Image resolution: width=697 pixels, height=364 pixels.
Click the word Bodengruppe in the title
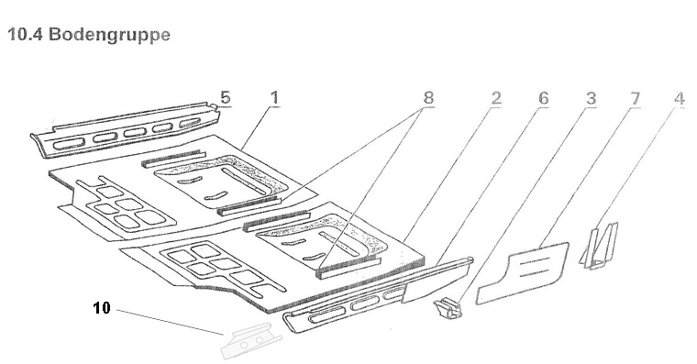coord(109,35)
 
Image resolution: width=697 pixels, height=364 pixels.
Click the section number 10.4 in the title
coord(25,34)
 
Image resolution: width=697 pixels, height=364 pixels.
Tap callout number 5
coord(226,98)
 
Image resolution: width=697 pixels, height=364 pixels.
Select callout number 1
coord(275,98)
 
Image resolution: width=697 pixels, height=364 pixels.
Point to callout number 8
coord(428,98)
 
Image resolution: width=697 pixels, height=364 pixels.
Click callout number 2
coord(496,98)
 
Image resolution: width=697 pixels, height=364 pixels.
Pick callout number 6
coord(543,98)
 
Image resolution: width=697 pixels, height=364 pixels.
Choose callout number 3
coord(591,98)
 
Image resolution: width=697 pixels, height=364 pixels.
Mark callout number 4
coord(680,98)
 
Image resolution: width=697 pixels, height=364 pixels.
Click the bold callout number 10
coord(102,307)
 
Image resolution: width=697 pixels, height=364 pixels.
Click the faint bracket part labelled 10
coord(251,341)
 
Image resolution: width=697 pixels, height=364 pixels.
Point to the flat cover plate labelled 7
coord(523,273)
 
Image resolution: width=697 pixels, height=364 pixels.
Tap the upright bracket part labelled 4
coord(600,246)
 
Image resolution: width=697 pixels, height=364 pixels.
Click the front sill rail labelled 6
coord(378,294)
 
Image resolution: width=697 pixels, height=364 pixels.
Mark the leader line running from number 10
coord(171,322)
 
